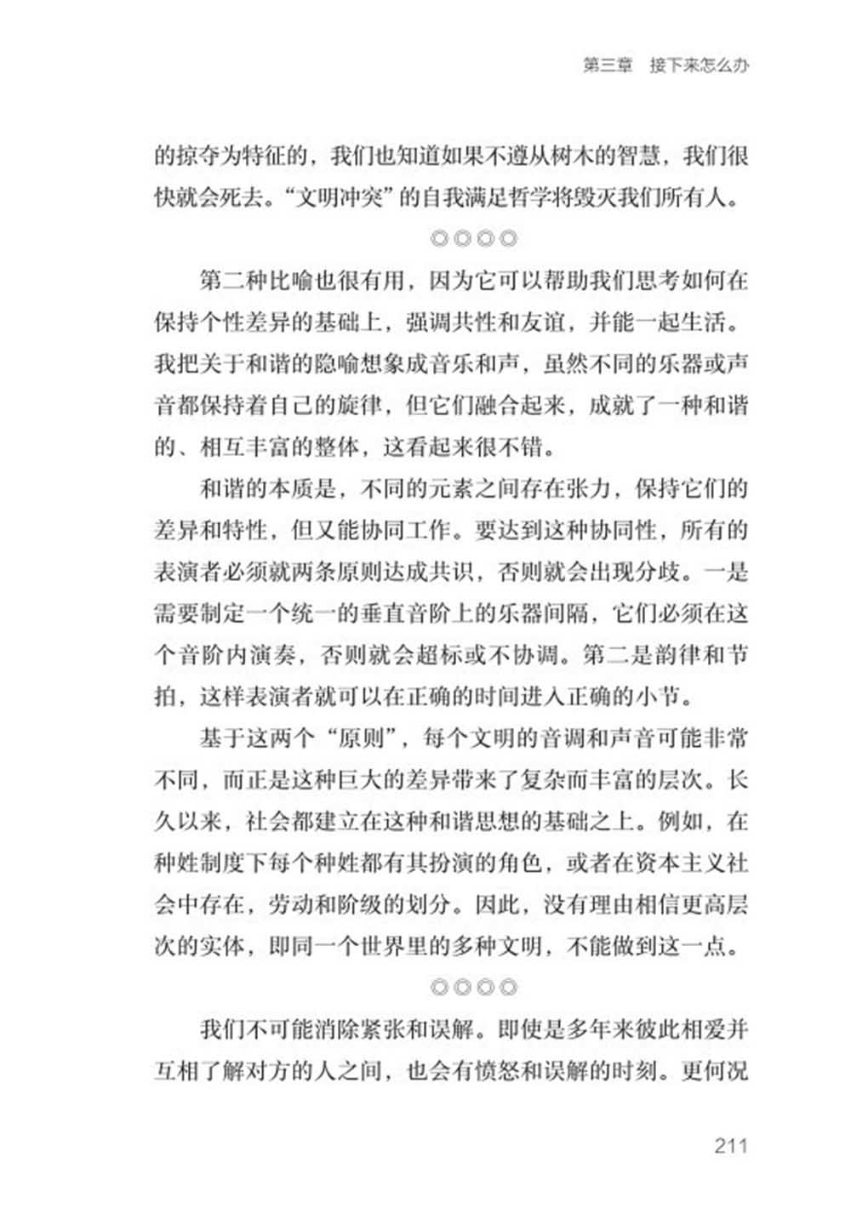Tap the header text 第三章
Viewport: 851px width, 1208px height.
608,66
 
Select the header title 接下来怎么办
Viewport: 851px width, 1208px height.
699,66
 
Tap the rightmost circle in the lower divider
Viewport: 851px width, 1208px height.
509,988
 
